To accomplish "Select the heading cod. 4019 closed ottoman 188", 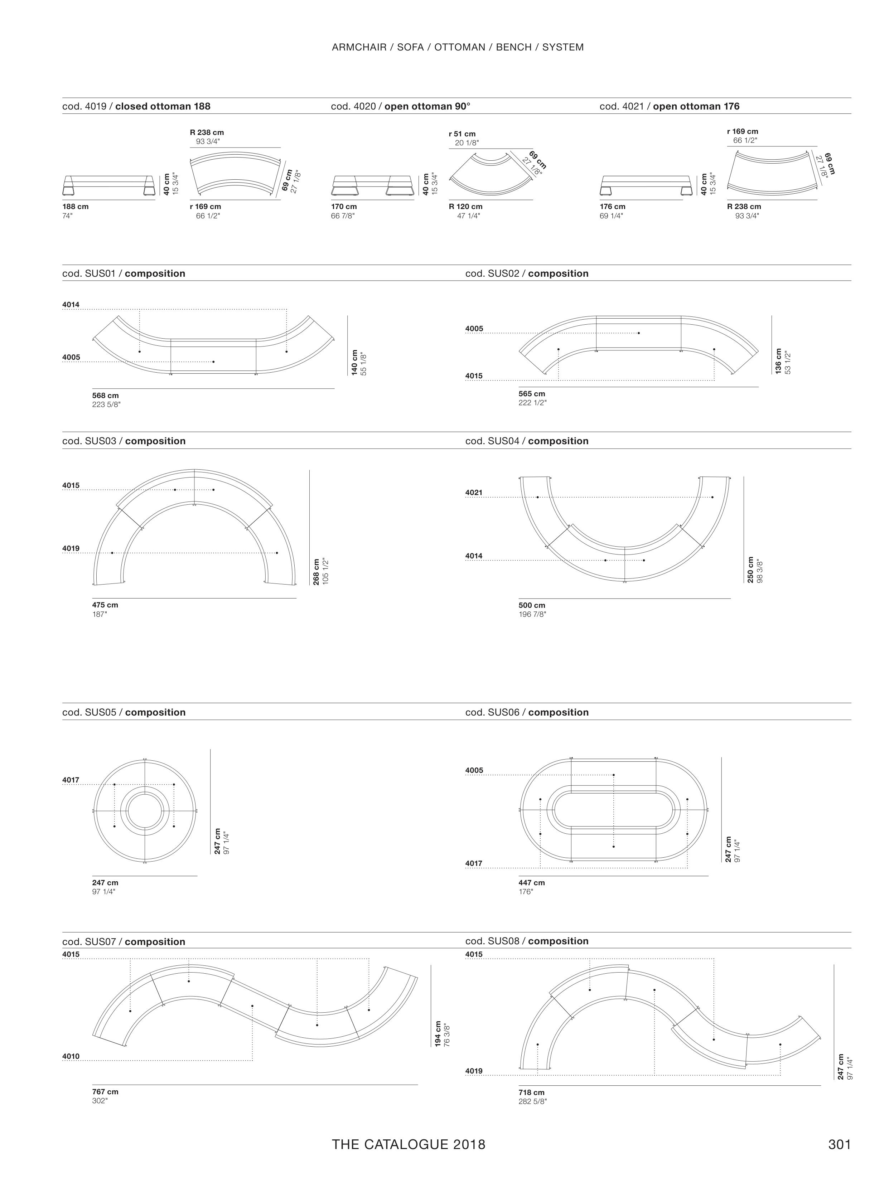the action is [136, 106].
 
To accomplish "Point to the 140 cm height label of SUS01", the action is [354, 363].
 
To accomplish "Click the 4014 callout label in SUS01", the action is [71, 305].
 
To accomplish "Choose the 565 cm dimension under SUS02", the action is [532, 394].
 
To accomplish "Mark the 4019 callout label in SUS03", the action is [71, 549].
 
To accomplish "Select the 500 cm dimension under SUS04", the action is [532, 605].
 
